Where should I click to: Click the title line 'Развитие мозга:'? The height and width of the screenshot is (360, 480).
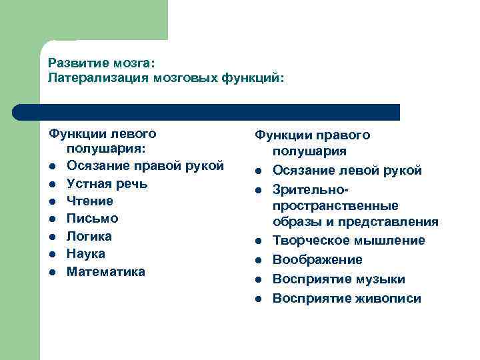click(x=101, y=64)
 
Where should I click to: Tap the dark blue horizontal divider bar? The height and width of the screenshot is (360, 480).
click(x=207, y=112)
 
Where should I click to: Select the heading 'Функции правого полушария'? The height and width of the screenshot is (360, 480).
click(x=313, y=143)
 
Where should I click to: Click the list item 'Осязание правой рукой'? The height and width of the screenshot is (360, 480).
click(x=145, y=165)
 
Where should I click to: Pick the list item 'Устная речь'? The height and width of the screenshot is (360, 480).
click(x=107, y=183)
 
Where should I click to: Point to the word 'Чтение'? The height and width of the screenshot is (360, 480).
click(x=90, y=201)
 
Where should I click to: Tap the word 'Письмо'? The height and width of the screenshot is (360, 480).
click(x=93, y=219)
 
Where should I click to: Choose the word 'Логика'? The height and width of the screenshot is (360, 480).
click(x=89, y=236)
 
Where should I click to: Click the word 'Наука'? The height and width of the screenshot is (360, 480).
click(x=86, y=254)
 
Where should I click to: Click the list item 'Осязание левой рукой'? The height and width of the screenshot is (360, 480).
click(x=347, y=171)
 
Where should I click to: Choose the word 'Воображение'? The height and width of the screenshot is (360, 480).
click(x=317, y=259)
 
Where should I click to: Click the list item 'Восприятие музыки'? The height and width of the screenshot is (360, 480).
click(x=339, y=279)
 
